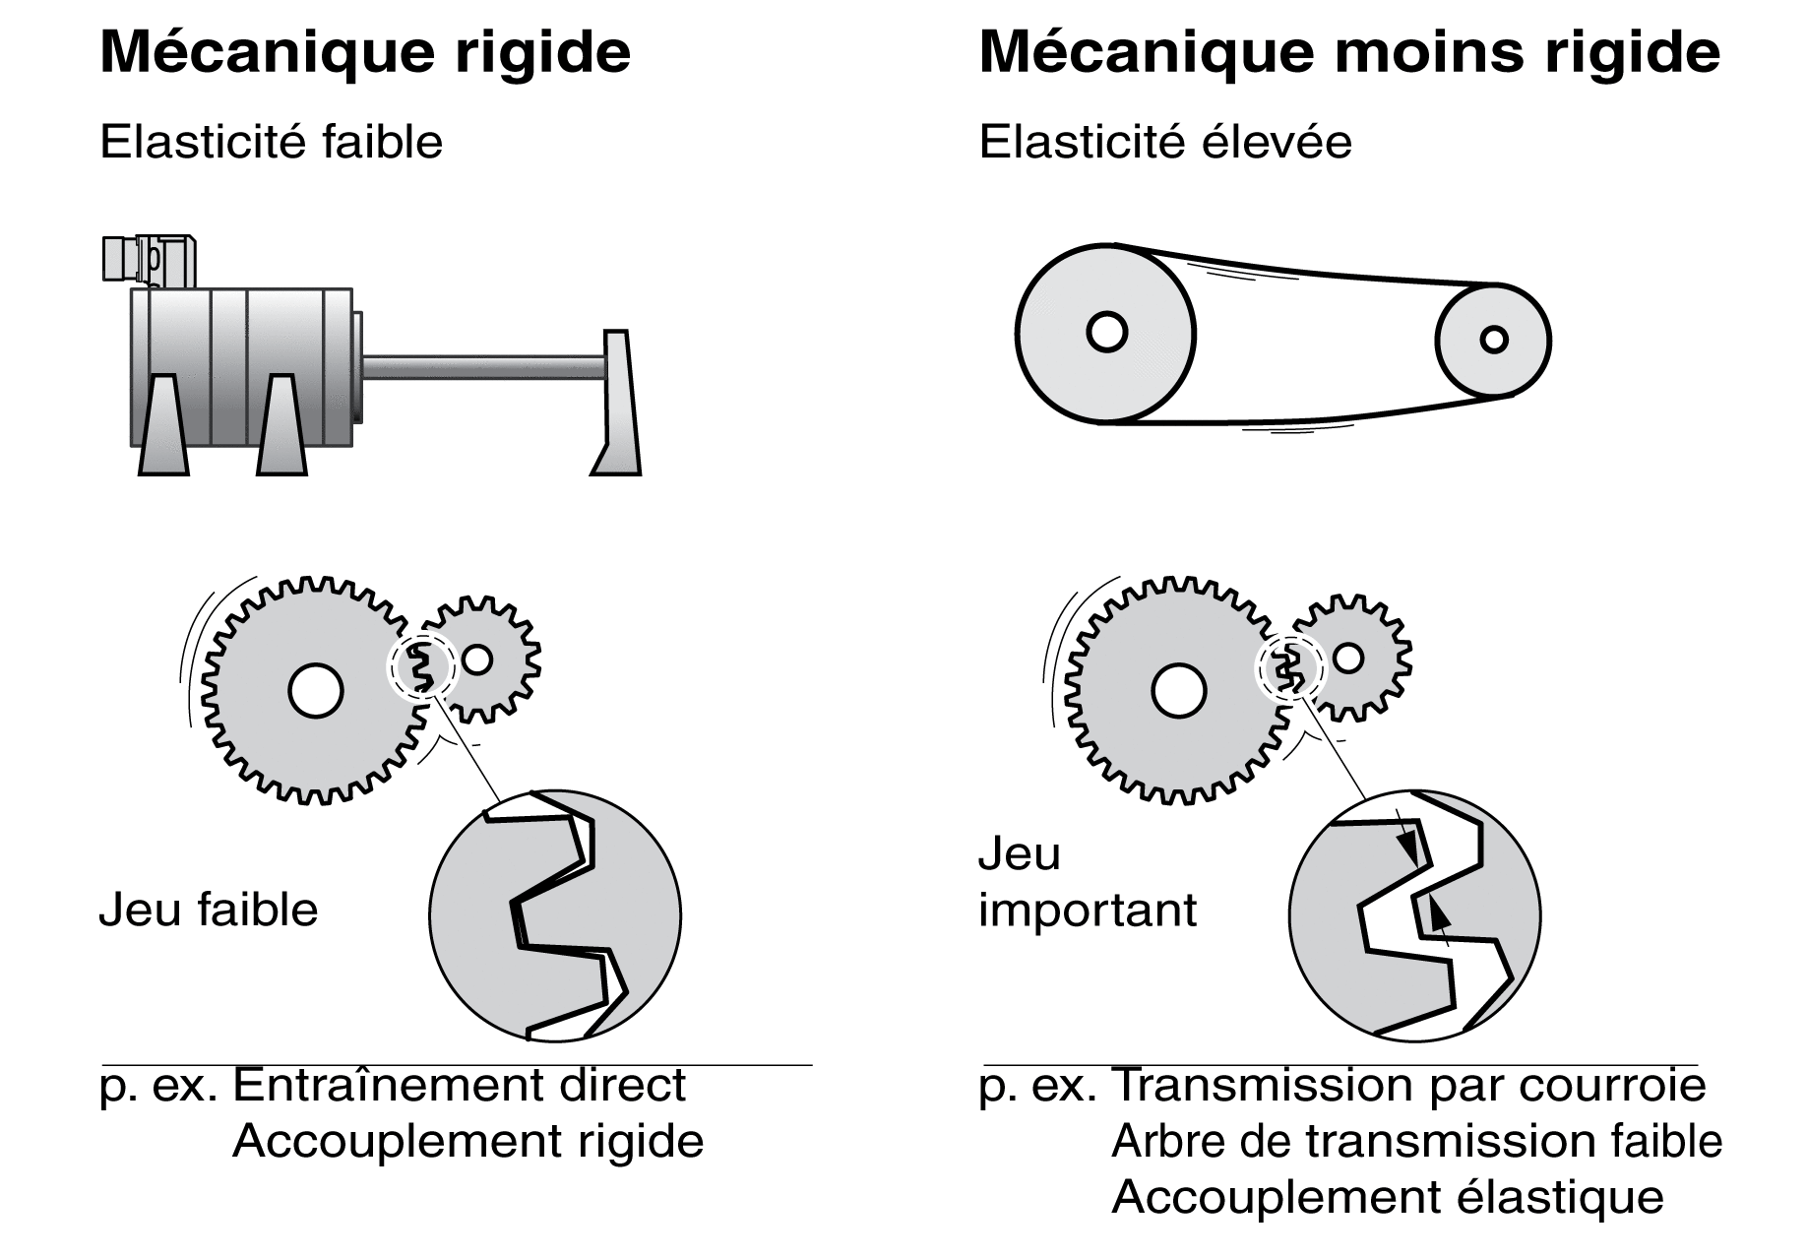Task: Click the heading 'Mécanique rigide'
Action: coord(365,52)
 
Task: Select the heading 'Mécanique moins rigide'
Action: coord(1349,52)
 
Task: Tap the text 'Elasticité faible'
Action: coord(272,142)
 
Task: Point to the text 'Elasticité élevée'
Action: coord(1165,142)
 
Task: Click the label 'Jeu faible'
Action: coord(209,910)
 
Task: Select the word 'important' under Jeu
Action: coord(1088,912)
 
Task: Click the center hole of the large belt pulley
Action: coord(1106,333)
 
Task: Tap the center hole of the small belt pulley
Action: coord(1494,340)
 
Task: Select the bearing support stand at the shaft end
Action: coord(618,404)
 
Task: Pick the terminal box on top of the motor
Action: coord(148,260)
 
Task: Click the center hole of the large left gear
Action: coord(316,690)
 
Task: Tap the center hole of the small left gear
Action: coord(477,660)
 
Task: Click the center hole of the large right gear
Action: coord(1179,690)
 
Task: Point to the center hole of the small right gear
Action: coord(1348,658)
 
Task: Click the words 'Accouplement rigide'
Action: coord(468,1142)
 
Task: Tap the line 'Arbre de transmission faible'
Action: coord(1417,1142)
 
